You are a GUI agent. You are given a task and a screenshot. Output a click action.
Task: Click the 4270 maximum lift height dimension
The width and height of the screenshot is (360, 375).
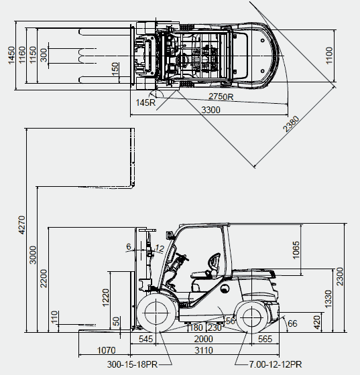click(21, 225)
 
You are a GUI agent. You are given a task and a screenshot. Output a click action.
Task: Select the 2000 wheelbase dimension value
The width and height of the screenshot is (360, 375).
click(203, 339)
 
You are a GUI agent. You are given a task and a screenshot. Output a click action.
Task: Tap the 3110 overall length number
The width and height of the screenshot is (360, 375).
click(204, 350)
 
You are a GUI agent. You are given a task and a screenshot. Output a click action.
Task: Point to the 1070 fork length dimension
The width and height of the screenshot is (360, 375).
click(107, 350)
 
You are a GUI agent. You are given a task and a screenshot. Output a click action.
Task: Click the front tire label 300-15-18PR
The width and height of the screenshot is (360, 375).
click(132, 364)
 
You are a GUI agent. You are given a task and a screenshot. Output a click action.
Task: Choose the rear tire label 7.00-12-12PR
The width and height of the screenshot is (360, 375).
click(276, 364)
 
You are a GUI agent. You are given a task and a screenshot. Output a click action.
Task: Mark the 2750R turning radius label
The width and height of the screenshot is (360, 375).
click(221, 96)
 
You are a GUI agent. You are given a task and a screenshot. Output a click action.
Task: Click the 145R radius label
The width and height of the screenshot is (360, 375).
click(145, 102)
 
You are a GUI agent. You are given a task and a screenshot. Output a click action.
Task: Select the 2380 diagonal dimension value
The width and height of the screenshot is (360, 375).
click(291, 124)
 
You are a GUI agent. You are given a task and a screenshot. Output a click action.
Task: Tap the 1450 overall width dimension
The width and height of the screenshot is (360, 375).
click(11, 56)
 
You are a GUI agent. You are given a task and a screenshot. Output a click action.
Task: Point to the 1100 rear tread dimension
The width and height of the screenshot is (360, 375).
click(329, 56)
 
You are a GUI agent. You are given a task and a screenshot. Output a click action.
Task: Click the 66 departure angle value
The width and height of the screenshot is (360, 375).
click(292, 323)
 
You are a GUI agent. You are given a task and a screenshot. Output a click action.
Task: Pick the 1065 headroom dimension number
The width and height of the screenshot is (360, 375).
click(296, 250)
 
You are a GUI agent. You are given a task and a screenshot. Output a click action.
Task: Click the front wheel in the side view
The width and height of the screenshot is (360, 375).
click(156, 313)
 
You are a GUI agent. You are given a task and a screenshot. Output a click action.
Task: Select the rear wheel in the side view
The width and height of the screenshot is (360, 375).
click(251, 317)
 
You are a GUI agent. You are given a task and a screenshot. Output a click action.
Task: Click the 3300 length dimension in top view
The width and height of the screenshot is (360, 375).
click(211, 110)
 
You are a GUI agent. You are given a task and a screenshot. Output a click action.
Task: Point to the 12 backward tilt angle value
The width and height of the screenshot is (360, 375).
click(160, 248)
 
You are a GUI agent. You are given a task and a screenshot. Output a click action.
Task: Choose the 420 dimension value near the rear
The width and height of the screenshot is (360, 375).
click(316, 322)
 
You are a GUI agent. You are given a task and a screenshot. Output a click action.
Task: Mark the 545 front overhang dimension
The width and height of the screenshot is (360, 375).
click(145, 339)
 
